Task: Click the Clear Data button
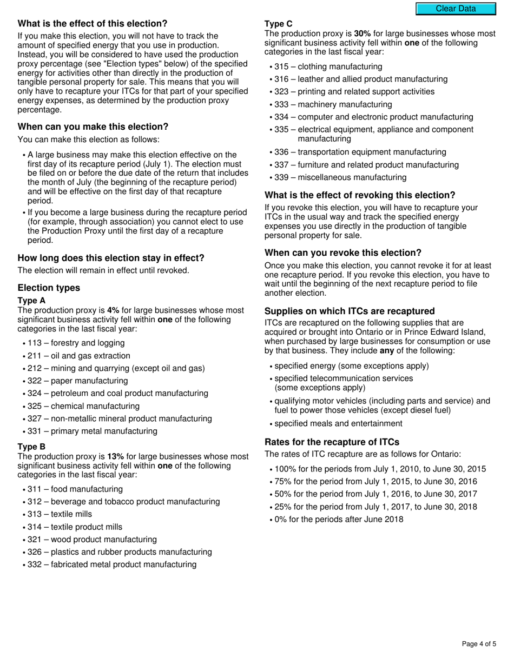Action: pyautogui.click(x=456, y=9)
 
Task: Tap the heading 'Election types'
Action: pyautogui.click(x=49, y=288)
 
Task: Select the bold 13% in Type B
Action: pyautogui.click(x=116, y=457)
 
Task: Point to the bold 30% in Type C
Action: pyautogui.click(x=363, y=34)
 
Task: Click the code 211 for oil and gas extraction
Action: pyautogui.click(x=35, y=356)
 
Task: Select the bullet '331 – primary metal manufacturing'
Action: pyautogui.click(x=92, y=431)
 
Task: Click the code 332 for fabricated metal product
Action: pyautogui.click(x=35, y=564)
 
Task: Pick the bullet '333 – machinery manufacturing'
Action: pyautogui.click(x=333, y=104)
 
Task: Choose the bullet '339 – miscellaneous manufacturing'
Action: pyautogui.click(x=340, y=177)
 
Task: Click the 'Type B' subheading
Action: pyautogui.click(x=31, y=447)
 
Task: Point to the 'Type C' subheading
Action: pyautogui.click(x=279, y=24)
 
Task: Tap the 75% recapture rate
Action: pyautogui.click(x=284, y=482)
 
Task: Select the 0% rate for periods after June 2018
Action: pyautogui.click(x=281, y=520)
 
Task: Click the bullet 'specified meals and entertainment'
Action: pyautogui.click(x=338, y=423)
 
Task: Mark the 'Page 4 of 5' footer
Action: pyautogui.click(x=479, y=644)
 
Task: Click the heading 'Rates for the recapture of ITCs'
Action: pyautogui.click(x=332, y=442)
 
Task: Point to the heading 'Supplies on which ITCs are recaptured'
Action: pyautogui.click(x=350, y=311)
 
